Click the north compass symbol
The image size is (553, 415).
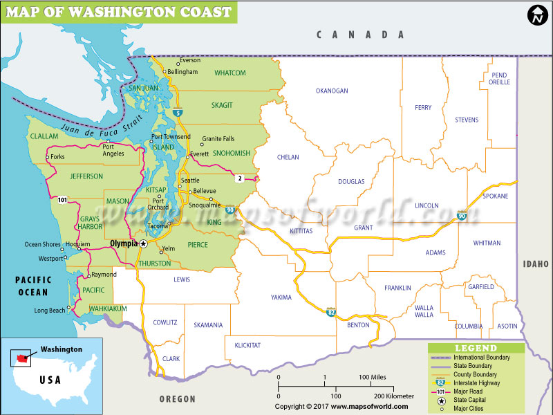[x=536, y=16]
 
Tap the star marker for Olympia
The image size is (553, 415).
[x=144, y=244]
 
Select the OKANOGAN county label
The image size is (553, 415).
[x=332, y=91]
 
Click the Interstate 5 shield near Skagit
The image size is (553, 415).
[x=179, y=113]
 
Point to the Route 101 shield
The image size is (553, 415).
[x=63, y=200]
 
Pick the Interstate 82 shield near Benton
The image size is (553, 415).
[x=332, y=312]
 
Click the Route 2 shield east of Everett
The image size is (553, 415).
[x=240, y=178]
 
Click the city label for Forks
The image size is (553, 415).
[x=57, y=157]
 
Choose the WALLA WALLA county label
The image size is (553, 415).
[x=424, y=311]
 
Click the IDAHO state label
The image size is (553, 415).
[x=536, y=264]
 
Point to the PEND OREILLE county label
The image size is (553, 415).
[x=499, y=78]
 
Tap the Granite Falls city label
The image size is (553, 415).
[x=218, y=139]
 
